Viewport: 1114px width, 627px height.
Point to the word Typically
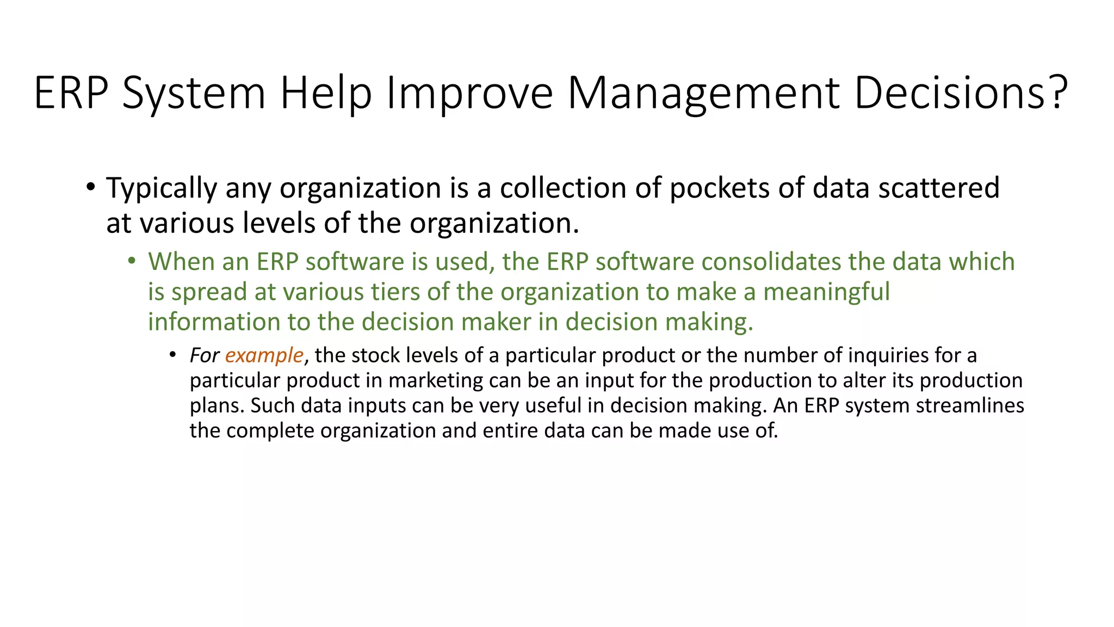pos(161,188)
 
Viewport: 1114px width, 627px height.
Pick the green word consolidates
pos(771,262)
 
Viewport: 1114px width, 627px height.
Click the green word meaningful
pos(826,292)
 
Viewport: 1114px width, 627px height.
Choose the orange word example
pos(264,355)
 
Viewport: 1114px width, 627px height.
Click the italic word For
pos(204,355)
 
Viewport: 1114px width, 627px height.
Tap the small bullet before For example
pos(172,355)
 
